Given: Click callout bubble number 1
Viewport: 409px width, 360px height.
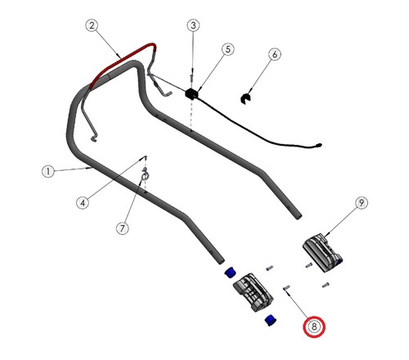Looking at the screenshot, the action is pyautogui.click(x=48, y=172).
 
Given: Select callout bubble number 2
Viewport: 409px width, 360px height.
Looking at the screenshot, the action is pyautogui.click(x=92, y=25).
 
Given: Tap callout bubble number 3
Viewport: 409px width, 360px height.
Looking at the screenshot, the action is pyautogui.click(x=193, y=25).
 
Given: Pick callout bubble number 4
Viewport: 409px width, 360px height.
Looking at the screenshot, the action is pyautogui.click(x=83, y=203).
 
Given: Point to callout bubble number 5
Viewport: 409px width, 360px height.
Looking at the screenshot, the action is pyautogui.click(x=227, y=49).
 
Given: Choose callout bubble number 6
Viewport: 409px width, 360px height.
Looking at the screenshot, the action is pyautogui.click(x=275, y=54).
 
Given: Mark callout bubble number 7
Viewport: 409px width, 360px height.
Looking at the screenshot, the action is pyautogui.click(x=123, y=228).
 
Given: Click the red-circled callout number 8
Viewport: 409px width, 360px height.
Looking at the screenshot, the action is pyautogui.click(x=314, y=326).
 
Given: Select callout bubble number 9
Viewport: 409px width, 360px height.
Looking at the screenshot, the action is pyautogui.click(x=362, y=203).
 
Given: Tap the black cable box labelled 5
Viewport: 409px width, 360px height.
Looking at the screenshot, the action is pyautogui.click(x=191, y=93).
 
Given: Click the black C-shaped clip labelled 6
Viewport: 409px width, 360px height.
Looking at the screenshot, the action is pyautogui.click(x=245, y=98).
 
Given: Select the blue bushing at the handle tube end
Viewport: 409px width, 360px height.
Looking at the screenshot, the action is pyautogui.click(x=231, y=272).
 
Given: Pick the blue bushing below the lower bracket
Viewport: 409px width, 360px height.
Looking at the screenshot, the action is pyautogui.click(x=271, y=320).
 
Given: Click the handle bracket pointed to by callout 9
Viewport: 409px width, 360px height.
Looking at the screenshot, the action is pyautogui.click(x=321, y=252).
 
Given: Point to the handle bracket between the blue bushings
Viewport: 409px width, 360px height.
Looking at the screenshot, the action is pyautogui.click(x=253, y=292).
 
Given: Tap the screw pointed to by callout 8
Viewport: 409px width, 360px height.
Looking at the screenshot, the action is pyautogui.click(x=286, y=287).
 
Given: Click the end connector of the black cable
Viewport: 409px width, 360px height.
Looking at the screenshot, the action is pyautogui.click(x=318, y=145).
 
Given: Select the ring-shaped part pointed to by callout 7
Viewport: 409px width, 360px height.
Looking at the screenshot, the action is pyautogui.click(x=144, y=176).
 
